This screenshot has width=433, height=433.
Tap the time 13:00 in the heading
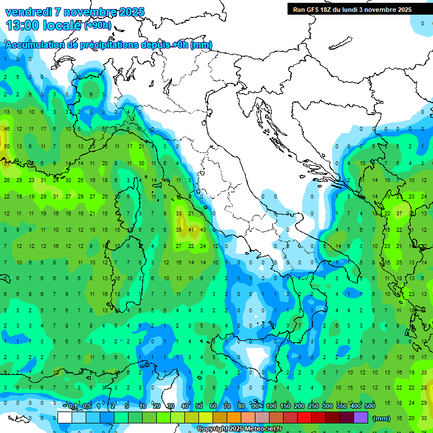click(x=23, y=25)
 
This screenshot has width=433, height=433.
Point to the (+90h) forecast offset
click(x=98, y=25)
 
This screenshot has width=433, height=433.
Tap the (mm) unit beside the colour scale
click(x=382, y=418)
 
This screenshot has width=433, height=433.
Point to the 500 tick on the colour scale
click(x=369, y=406)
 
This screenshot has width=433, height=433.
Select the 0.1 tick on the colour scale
click(x=73, y=406)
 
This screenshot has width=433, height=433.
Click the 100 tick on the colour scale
click(x=271, y=406)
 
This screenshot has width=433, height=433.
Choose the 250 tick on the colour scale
click(x=313, y=406)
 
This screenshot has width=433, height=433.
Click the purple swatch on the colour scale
click(x=361, y=418)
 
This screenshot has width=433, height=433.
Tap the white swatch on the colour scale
click(x=65, y=418)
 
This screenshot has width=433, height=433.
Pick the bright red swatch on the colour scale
click(x=304, y=418)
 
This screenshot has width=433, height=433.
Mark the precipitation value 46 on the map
click(x=7, y=129)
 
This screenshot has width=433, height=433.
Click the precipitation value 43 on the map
click(x=203, y=230)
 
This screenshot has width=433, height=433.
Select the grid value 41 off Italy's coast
click(x=191, y=230)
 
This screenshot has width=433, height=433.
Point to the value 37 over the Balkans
click(x=399, y=214)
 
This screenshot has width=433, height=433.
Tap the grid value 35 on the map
click(x=179, y=230)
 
